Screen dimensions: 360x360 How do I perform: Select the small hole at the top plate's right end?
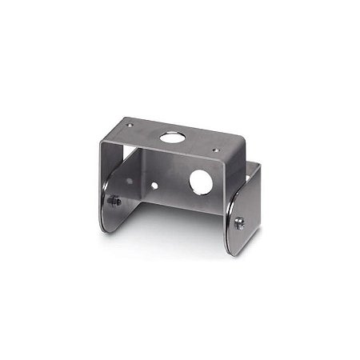214,149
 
